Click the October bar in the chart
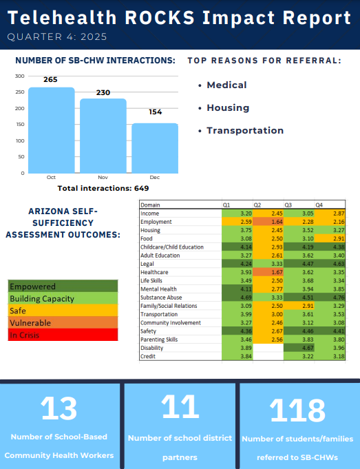(52, 130)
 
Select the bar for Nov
(103, 136)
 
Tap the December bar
(155, 148)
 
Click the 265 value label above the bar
(50, 80)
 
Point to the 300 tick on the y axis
(20, 76)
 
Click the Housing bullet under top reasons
(228, 107)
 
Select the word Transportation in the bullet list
(245, 130)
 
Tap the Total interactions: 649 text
(103, 188)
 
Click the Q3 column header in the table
(288, 205)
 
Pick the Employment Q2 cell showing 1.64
(268, 222)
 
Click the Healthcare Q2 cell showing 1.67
(268, 272)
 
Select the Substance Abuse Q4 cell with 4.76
(330, 298)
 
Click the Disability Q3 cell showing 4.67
(299, 348)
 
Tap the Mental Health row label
(158, 289)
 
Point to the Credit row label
(148, 356)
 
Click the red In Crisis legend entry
(63, 335)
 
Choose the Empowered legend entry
(63, 286)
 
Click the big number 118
(297, 410)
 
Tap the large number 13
(59, 408)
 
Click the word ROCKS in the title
(160, 18)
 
